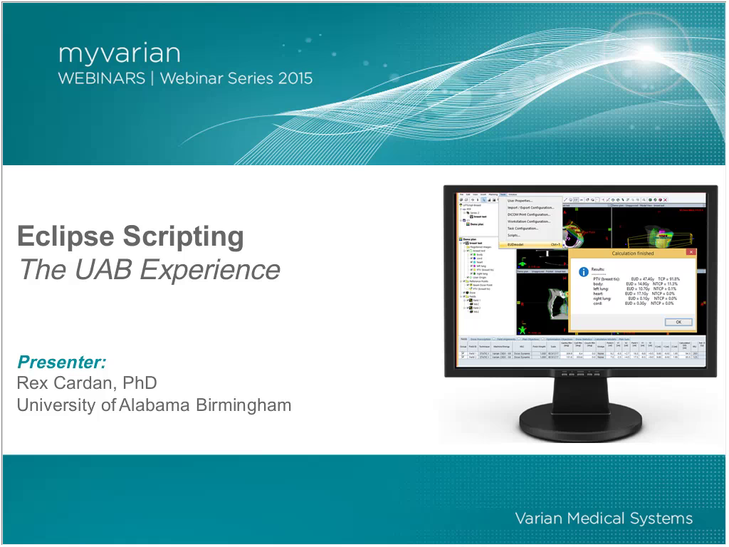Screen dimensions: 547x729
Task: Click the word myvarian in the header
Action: tap(119, 54)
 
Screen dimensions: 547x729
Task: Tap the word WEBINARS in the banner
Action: tap(102, 78)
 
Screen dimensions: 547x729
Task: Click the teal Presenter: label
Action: tap(62, 362)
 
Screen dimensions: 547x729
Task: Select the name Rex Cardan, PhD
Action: tap(86, 383)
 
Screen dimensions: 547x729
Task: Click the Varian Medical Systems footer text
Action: tap(603, 518)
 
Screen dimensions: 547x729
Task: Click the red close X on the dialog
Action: tap(691, 252)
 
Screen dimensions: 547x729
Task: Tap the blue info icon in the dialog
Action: tap(583, 272)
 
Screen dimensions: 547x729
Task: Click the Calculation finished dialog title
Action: tap(632, 253)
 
